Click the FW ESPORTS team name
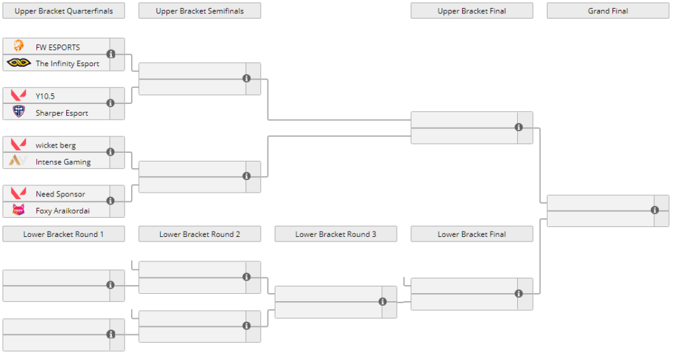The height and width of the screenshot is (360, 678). point(58,47)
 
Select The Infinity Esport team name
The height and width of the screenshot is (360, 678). point(67,64)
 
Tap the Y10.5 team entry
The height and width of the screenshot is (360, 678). point(45,96)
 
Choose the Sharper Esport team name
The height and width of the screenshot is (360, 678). point(62,113)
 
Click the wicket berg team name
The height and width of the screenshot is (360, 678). point(56,145)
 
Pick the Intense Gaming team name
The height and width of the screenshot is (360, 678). point(63,161)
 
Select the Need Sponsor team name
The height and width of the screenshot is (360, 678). point(60,194)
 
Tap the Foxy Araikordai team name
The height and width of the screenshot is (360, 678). point(62,210)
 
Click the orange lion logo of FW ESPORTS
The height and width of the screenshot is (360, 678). point(19,46)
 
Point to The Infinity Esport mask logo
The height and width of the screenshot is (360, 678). point(19,63)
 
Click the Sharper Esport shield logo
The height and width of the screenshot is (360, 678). point(19,112)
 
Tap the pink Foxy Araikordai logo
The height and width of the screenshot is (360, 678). point(19,210)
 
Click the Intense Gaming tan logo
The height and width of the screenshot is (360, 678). point(19,161)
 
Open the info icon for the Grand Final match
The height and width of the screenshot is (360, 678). point(655,210)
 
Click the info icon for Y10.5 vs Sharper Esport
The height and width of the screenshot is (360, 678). point(111,103)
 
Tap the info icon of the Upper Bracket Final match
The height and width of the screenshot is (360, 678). point(518,127)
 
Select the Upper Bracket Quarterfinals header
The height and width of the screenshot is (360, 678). point(64,11)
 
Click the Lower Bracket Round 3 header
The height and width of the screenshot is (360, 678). point(336,234)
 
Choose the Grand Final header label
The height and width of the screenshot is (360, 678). point(608,11)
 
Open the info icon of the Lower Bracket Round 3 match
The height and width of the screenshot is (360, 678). point(383,302)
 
